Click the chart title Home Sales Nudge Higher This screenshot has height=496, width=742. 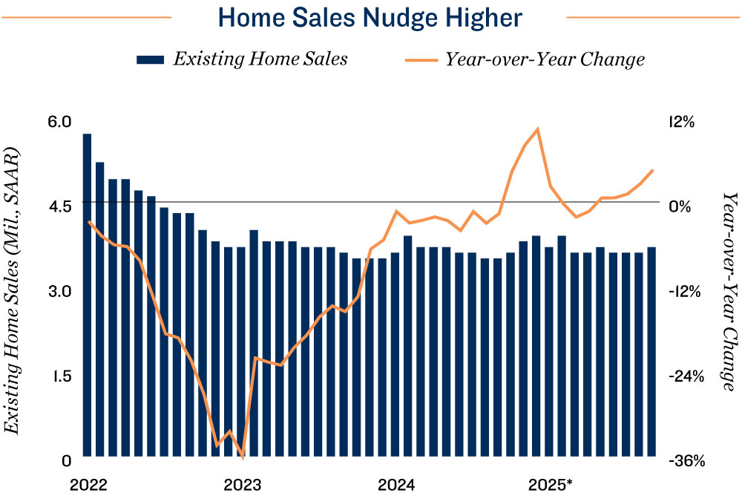pyautogui.click(x=370, y=16)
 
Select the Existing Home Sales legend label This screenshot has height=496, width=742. pyautogui.click(x=260, y=59)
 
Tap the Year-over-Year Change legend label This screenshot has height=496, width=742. pyautogui.click(x=545, y=59)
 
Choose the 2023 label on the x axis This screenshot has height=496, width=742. pyautogui.click(x=242, y=485)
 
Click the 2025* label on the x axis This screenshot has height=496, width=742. pyautogui.click(x=550, y=485)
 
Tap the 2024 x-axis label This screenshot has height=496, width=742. pyautogui.click(x=396, y=485)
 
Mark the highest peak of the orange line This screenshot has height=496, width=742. pyautogui.click(x=536, y=129)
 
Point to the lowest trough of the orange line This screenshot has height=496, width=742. pyautogui.click(x=242, y=455)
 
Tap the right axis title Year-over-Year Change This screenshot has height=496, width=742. pyautogui.click(x=730, y=290)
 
